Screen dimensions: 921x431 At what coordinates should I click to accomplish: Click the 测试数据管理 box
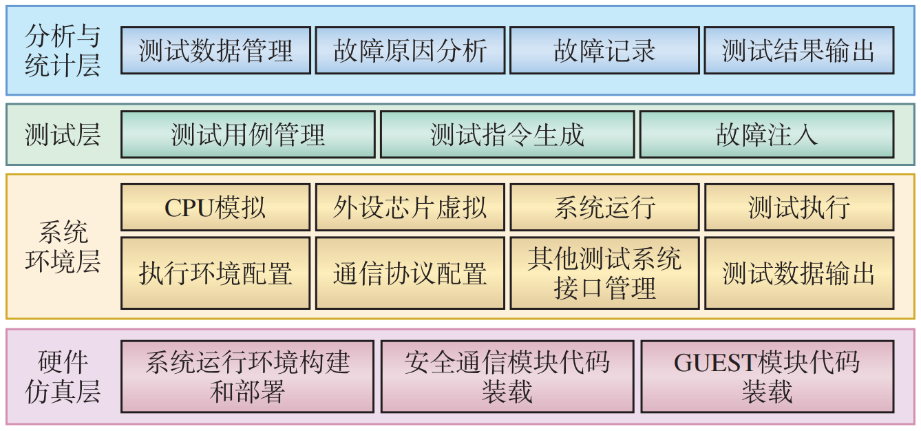pyautogui.click(x=215, y=50)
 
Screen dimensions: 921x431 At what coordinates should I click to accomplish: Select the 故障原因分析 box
pyautogui.click(x=410, y=50)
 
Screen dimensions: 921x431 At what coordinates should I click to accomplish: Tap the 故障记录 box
pyautogui.click(x=604, y=50)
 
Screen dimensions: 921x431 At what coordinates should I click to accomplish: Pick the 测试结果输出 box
pyautogui.click(x=799, y=50)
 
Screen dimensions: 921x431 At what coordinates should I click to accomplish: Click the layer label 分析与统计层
pyautogui.click(x=62, y=50)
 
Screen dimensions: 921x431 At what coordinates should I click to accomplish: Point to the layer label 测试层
pyautogui.click(x=62, y=135)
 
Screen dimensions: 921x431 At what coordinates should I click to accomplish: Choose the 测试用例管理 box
pyautogui.click(x=248, y=135)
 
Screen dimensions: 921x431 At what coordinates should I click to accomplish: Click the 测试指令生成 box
pyautogui.click(x=507, y=135)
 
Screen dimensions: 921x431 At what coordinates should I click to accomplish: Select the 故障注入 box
pyautogui.click(x=767, y=135)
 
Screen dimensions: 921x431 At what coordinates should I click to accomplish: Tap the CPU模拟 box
pyautogui.click(x=215, y=207)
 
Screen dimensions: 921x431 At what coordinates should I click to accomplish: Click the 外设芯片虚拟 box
pyautogui.click(x=410, y=207)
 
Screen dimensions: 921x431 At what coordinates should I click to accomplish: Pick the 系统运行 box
pyautogui.click(x=604, y=207)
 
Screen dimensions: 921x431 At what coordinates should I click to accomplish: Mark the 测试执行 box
pyautogui.click(x=799, y=207)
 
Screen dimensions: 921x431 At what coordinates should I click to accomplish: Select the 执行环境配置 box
pyautogui.click(x=215, y=273)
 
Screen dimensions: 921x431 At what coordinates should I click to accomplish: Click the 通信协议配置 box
pyautogui.click(x=410, y=273)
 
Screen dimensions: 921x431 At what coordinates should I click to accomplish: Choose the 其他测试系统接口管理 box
pyautogui.click(x=604, y=273)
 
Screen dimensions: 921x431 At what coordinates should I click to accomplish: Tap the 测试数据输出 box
pyautogui.click(x=799, y=273)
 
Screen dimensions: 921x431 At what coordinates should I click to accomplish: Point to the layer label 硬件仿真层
pyautogui.click(x=62, y=377)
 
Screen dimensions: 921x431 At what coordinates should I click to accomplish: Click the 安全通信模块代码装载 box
pyautogui.click(x=507, y=377)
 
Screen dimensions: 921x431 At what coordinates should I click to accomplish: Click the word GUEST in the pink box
pyautogui.click(x=714, y=363)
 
